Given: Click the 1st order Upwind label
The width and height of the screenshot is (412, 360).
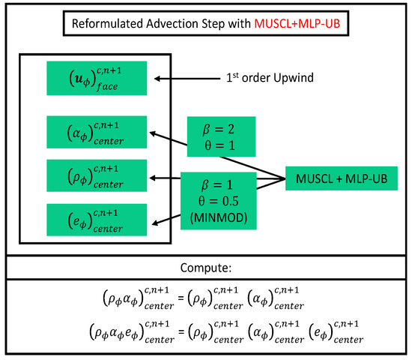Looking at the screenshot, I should [x=270, y=77].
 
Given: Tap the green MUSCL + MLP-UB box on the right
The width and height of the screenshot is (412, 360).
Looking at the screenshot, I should [x=341, y=178].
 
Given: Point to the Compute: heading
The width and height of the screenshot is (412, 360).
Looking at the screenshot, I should [x=205, y=266].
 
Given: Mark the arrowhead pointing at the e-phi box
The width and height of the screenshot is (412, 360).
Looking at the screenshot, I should [x=155, y=222].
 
